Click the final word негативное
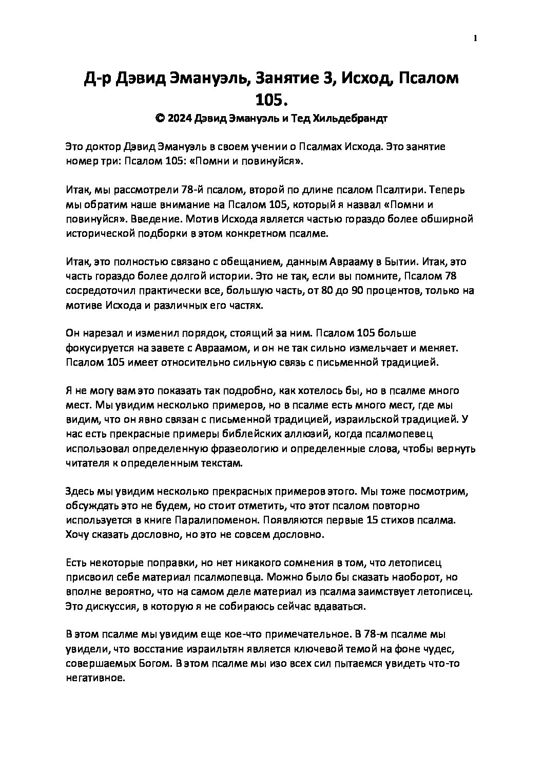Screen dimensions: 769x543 click(95, 678)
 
